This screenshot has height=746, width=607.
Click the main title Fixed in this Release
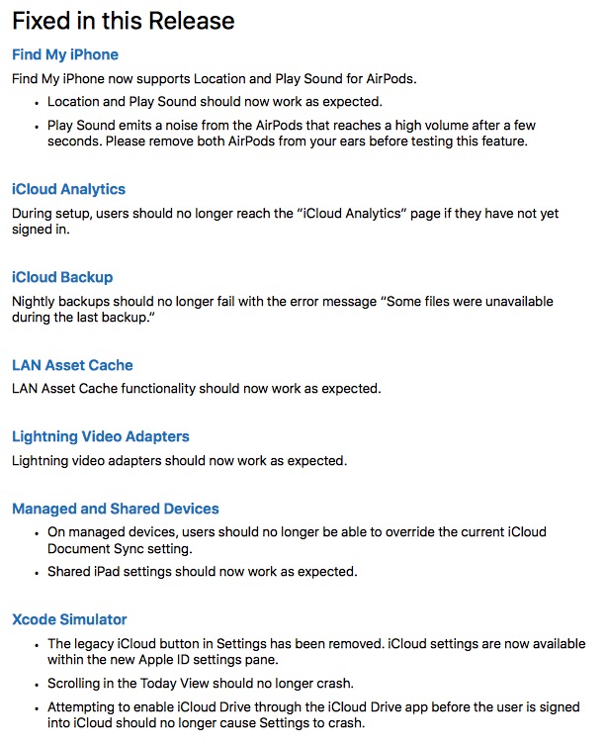coord(124,20)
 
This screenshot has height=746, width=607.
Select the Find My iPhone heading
coord(65,54)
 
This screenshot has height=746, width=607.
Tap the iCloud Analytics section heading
coord(69,189)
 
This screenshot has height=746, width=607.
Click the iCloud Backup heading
coord(62,277)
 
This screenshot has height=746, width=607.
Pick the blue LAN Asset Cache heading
coord(72,365)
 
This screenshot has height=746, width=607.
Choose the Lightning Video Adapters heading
coord(101,436)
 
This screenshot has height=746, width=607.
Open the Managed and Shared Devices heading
coord(116,509)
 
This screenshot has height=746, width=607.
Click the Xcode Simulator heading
coord(69,619)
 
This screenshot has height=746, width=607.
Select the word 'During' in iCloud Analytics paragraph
coord(33,213)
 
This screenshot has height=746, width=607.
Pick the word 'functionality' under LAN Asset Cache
coord(163,389)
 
